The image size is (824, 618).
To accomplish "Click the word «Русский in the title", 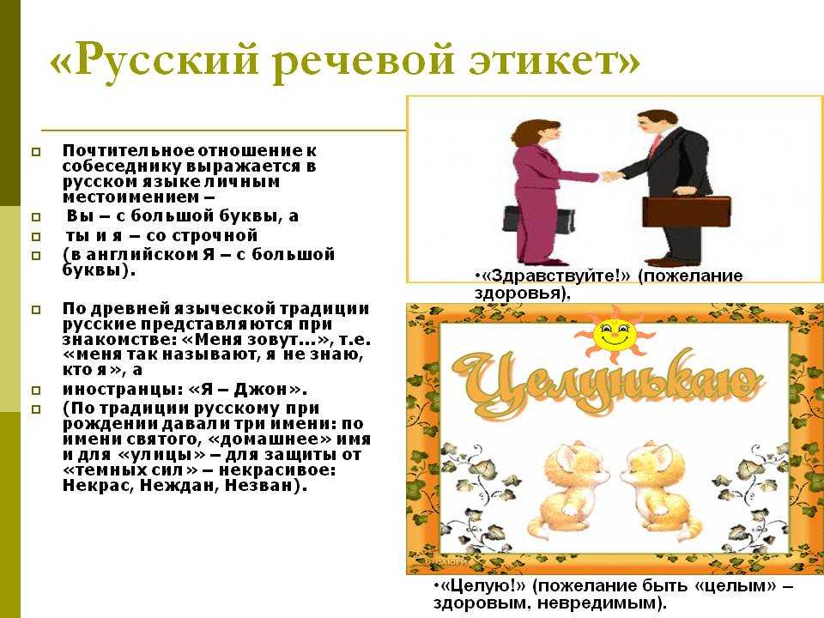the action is click(154, 59).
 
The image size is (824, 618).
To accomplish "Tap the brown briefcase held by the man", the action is click(687, 211).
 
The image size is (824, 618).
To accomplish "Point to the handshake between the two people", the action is click(609, 175).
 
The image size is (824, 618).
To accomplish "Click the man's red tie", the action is click(655, 145).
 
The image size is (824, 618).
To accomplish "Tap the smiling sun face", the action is click(615, 335).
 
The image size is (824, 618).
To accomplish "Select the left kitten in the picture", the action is click(569, 488).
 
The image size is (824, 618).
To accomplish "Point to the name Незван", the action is click(262, 485).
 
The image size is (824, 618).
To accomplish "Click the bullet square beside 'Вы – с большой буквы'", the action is click(36, 216).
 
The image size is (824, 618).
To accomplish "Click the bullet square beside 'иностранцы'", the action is click(36, 390).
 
